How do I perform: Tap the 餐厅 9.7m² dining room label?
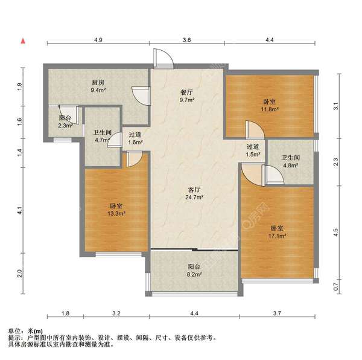(186, 95)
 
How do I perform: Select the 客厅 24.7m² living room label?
(194, 193)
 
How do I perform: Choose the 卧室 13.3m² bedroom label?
(116, 210)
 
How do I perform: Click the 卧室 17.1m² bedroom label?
(278, 232)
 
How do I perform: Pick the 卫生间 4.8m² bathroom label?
(291, 162)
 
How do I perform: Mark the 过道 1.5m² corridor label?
(253, 150)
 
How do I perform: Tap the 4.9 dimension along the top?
(98, 40)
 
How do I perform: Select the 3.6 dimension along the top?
(187, 40)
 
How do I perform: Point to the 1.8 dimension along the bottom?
(66, 313)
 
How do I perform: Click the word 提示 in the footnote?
(14, 338)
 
